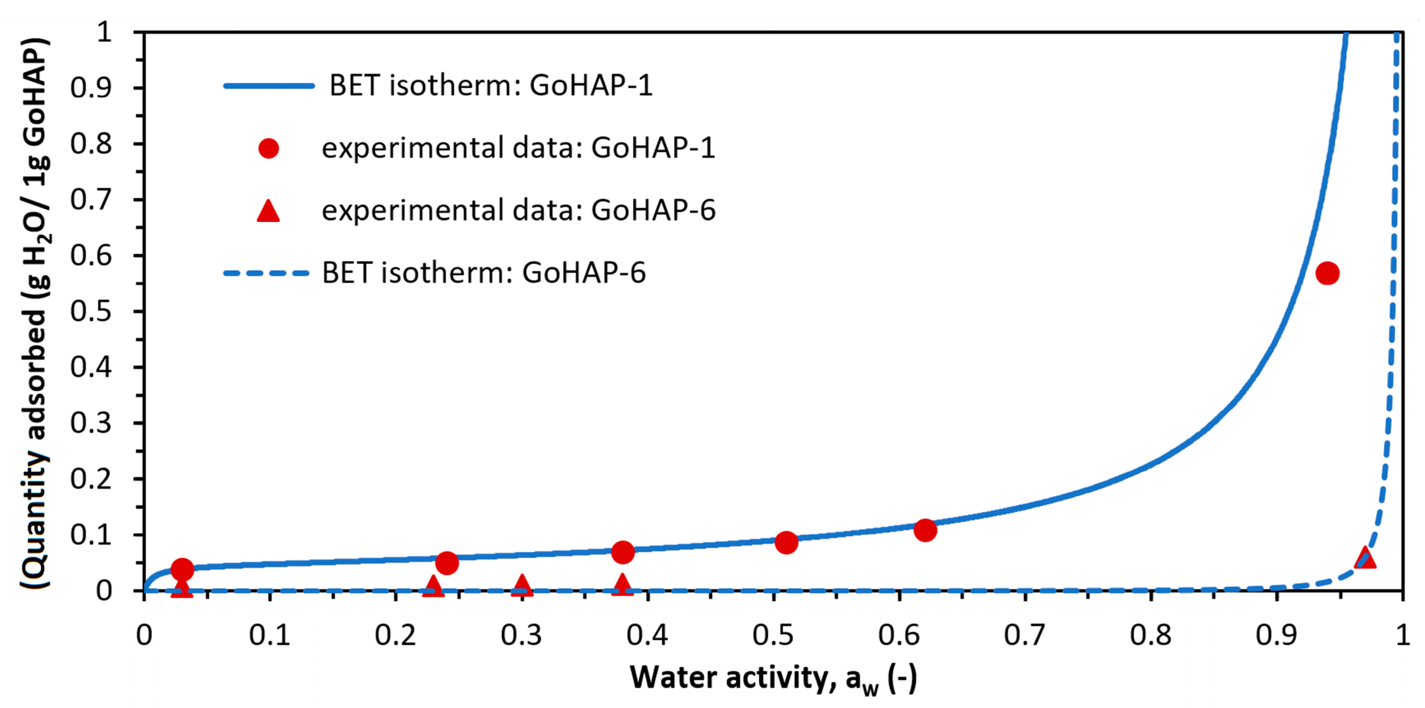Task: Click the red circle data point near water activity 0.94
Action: (x=1327, y=273)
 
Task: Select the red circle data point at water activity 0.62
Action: (x=925, y=530)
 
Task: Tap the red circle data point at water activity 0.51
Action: (x=786, y=542)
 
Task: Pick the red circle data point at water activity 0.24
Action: (x=447, y=563)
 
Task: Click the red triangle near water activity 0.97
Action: (x=1366, y=558)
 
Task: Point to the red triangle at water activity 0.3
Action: (x=522, y=584)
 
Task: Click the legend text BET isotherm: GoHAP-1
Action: (x=491, y=85)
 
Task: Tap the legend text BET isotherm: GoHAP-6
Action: (x=483, y=273)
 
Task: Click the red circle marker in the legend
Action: (x=268, y=148)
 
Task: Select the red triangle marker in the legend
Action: (x=268, y=211)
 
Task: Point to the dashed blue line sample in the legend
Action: (x=266, y=273)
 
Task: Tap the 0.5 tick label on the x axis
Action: (x=772, y=635)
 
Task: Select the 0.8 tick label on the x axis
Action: (x=1151, y=635)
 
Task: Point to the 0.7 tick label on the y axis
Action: (x=91, y=200)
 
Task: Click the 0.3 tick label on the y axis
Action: (x=91, y=423)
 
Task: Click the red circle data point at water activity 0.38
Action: (x=623, y=552)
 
